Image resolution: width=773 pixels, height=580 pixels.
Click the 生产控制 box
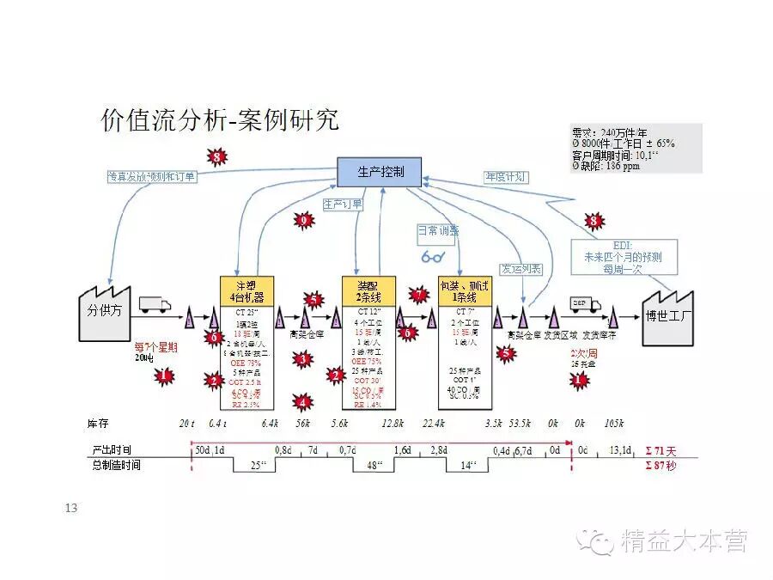(378, 172)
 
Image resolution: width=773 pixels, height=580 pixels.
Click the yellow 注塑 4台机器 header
(247, 290)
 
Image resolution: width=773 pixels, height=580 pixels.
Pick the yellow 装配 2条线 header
(368, 290)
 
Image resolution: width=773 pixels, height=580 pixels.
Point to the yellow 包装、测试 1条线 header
(466, 290)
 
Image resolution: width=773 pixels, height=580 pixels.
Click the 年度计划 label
(506, 178)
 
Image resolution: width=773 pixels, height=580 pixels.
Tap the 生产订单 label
(343, 205)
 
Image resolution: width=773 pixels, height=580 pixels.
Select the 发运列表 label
(521, 269)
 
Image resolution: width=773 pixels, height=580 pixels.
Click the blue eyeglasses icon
(433, 255)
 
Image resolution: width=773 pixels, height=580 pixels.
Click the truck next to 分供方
(155, 305)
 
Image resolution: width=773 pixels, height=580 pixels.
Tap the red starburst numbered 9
(303, 221)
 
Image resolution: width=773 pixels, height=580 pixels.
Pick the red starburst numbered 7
(419, 295)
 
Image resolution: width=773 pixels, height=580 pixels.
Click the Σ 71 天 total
(660, 450)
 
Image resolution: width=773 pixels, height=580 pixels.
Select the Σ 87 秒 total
(660, 465)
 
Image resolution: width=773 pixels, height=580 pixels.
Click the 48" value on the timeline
(374, 465)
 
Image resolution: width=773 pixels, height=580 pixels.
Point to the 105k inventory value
(613, 424)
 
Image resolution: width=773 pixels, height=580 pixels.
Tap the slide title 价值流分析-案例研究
(220, 120)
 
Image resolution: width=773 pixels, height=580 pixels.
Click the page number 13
(71, 509)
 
